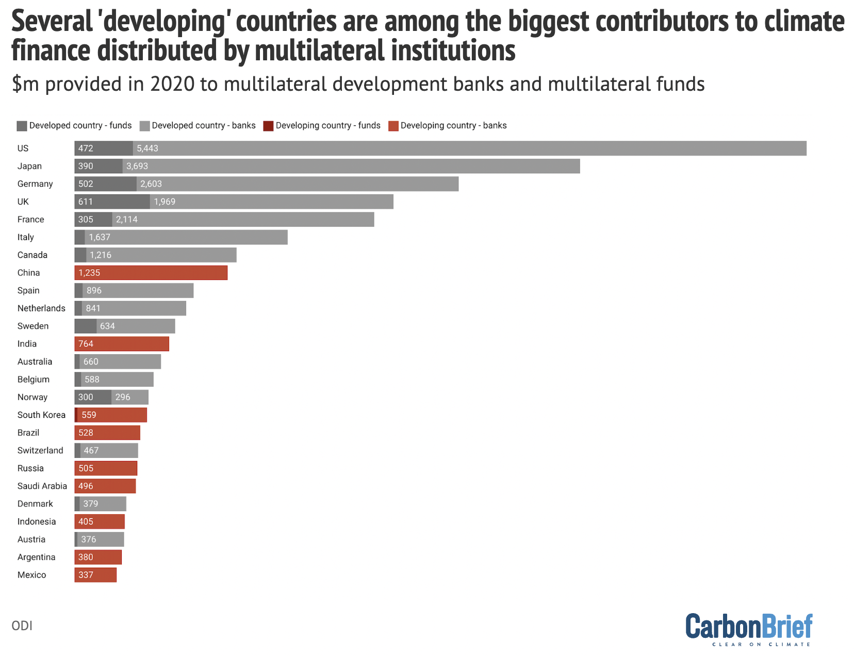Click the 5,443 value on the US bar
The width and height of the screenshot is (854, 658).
coord(147,149)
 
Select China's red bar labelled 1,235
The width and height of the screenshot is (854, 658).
coord(151,273)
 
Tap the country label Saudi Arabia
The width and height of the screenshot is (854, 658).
coord(42,486)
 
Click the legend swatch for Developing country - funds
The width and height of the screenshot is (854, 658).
coord(268,126)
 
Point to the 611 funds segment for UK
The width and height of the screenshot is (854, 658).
coord(112,202)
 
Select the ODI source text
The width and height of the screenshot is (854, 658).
coord(22,626)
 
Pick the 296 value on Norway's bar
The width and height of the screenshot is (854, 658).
coord(123,397)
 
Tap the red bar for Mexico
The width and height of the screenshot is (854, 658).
coord(96,575)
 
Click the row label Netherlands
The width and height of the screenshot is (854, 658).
coord(41,308)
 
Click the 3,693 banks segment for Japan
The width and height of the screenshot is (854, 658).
coord(351,166)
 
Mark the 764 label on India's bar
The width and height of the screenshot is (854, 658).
coord(86,344)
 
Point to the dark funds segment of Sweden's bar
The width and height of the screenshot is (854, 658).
coord(85,326)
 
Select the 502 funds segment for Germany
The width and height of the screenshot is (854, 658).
coord(105,184)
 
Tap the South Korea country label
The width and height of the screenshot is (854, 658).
coord(41,415)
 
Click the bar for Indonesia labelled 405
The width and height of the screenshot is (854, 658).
coord(100,522)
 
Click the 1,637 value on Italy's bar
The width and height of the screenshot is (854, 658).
coord(100,237)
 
